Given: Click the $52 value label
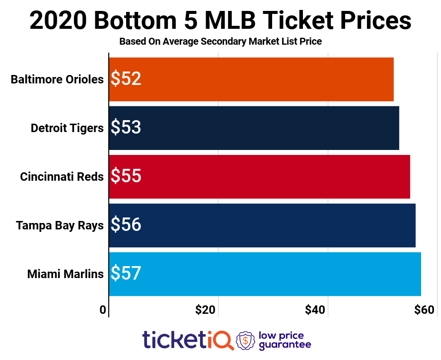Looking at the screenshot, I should coord(126,79).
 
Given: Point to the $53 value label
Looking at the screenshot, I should coord(126,128).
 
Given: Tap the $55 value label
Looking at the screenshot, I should coord(126,177).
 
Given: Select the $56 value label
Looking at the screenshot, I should coord(126,225).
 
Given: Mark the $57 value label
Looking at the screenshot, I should coord(126,274).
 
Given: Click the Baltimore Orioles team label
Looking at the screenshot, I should coord(57,79).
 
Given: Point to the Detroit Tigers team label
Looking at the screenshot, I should coord(67,128).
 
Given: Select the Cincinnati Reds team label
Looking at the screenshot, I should coord(62,177).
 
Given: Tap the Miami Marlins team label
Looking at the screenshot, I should coord(65,274).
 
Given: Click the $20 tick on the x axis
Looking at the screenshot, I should coord(206,310).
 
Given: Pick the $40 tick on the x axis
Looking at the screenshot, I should coord(315,310).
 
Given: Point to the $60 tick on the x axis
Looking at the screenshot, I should coord(425,310).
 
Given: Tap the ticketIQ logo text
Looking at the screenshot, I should coord(188,340).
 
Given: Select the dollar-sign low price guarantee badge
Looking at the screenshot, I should coord(245,340).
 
